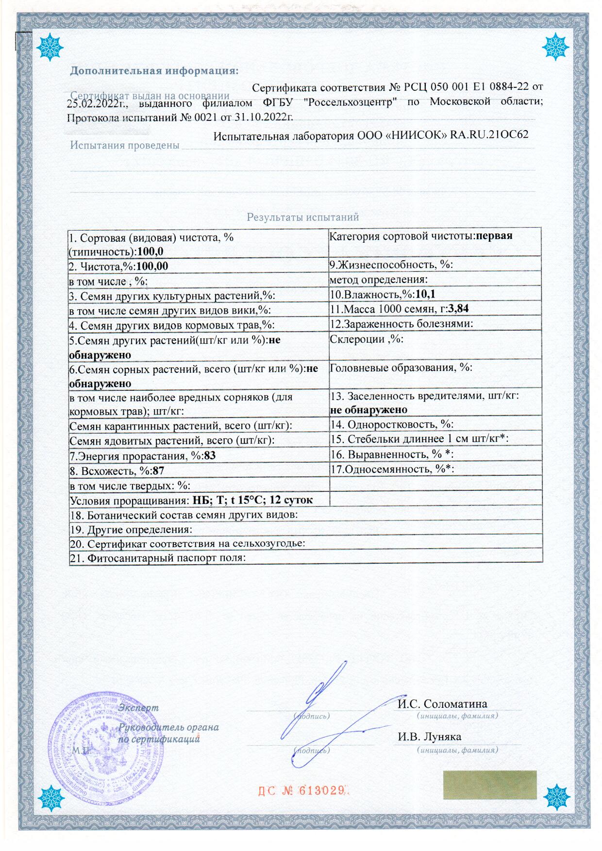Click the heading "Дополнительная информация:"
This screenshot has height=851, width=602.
[x=154, y=71]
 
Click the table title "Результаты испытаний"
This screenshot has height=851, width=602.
[x=302, y=217]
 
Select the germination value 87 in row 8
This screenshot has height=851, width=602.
[x=158, y=470]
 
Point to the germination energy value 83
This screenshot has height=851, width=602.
[x=210, y=456]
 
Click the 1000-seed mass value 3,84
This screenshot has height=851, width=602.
[x=458, y=308]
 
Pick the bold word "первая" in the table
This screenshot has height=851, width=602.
[x=494, y=236]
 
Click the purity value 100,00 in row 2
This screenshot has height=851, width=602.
[x=152, y=266]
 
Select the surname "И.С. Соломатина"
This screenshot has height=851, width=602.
[x=442, y=703]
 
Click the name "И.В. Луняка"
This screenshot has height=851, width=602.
[x=429, y=736]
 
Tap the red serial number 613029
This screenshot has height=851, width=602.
[x=322, y=790]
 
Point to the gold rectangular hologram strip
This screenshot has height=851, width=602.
[x=489, y=784]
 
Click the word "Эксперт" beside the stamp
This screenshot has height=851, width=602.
[x=138, y=707]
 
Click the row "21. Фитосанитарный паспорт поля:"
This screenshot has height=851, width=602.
[x=158, y=558]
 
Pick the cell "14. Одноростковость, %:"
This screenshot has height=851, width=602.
[x=392, y=424]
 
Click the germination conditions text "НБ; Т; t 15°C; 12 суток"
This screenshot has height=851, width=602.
[x=252, y=500]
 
